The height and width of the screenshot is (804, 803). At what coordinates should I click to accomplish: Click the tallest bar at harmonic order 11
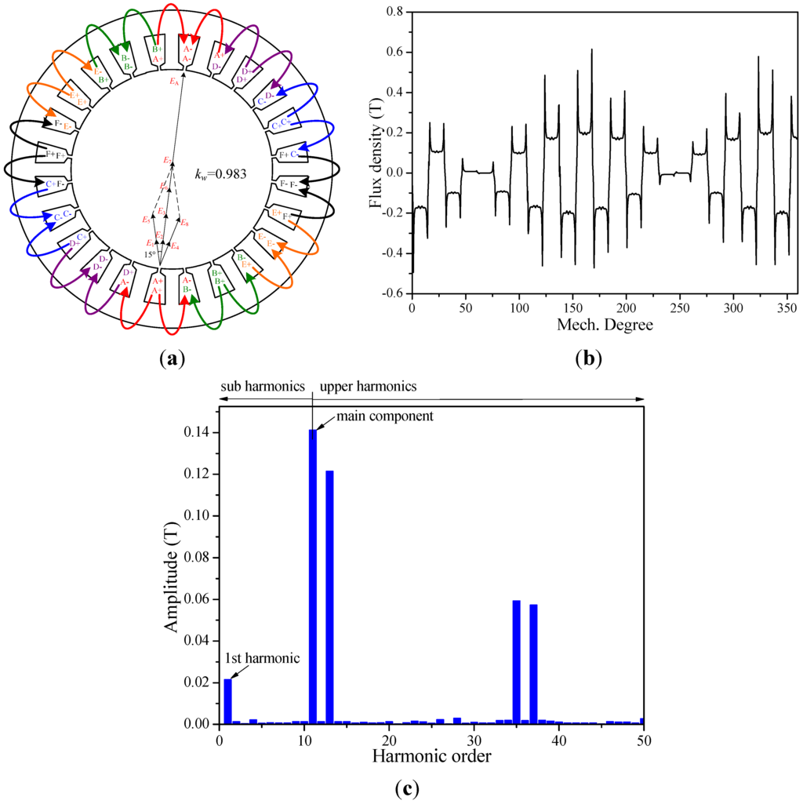313,577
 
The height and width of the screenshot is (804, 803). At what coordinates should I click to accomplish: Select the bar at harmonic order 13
330,597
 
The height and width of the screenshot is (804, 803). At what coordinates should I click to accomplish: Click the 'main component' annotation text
385,416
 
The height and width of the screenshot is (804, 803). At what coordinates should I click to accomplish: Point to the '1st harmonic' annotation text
263,657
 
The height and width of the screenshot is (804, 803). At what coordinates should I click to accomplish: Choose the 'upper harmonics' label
369,386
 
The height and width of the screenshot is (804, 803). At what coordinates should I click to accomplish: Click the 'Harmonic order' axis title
431,756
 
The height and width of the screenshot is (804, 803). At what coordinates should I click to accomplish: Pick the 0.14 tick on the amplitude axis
198,432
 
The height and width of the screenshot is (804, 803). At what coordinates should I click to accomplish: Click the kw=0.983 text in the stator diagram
220,173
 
